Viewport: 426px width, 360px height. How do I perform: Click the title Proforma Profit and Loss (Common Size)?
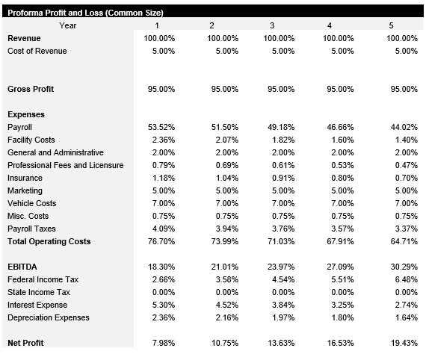(84, 13)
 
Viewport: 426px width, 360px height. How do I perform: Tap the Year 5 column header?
(391, 25)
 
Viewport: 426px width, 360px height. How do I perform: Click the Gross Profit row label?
(31, 89)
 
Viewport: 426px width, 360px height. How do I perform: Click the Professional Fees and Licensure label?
(65, 165)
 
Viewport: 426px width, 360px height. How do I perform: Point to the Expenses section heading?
(26, 114)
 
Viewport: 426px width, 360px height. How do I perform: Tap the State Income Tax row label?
(39, 292)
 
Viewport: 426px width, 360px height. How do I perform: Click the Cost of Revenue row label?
(37, 51)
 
